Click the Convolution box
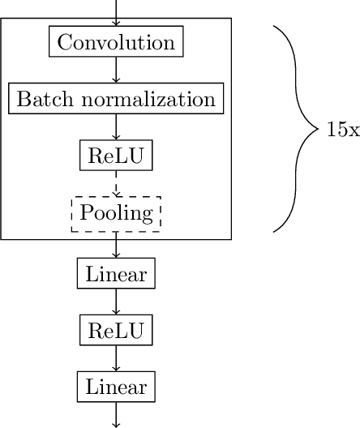point(116,42)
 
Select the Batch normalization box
point(116,100)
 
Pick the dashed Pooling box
point(116,214)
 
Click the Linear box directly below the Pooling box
point(116,274)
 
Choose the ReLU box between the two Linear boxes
point(116,331)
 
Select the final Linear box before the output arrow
point(116,387)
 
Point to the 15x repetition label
point(342,130)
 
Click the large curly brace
point(292,130)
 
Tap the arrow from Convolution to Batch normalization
point(116,71)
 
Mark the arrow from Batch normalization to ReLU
point(116,128)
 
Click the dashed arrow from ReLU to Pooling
point(116,184)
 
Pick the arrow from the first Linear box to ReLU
point(116,302)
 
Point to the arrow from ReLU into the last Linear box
point(116,359)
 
